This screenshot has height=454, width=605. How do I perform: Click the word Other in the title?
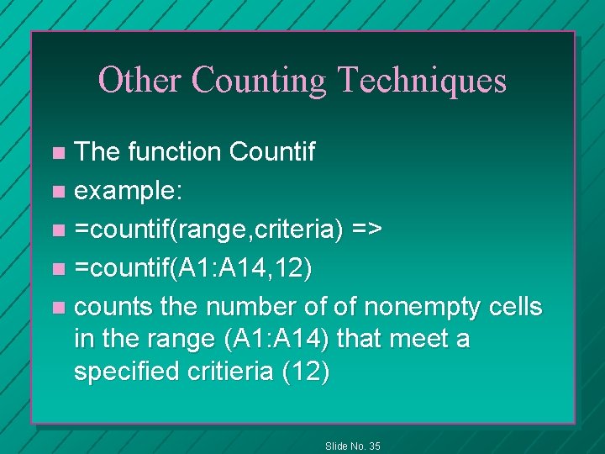click(139, 80)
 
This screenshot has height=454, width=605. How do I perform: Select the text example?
click(126, 191)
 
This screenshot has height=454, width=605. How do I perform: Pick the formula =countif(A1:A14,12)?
click(193, 268)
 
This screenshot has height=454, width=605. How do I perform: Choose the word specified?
click(129, 372)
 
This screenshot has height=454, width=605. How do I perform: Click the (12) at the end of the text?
click(307, 372)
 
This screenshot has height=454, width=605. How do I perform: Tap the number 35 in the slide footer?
click(373, 446)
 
